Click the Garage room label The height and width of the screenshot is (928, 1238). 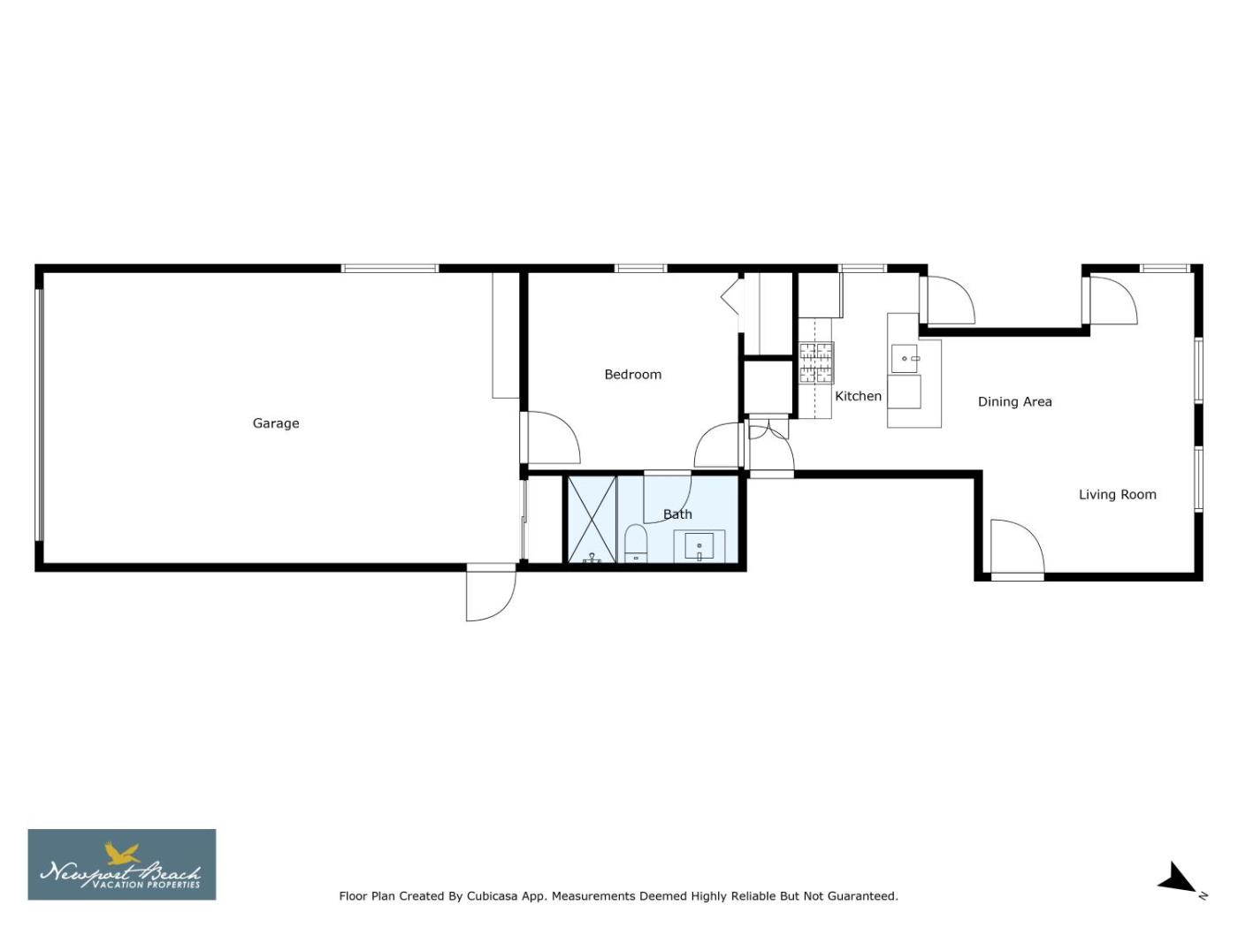tap(276, 423)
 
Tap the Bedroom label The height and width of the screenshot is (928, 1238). tap(633, 375)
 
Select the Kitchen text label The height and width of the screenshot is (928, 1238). tap(858, 396)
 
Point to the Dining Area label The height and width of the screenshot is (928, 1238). tap(1014, 402)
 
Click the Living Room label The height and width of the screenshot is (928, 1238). tap(1118, 495)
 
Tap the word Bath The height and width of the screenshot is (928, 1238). tap(677, 514)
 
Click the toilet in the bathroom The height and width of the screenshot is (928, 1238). tap(636, 544)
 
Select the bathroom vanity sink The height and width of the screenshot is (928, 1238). tap(699, 546)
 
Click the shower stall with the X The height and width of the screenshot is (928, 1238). tap(592, 520)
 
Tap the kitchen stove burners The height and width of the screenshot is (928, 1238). tap(816, 363)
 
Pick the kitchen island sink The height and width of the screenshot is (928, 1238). tap(905, 359)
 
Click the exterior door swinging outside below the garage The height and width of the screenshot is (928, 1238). tap(491, 593)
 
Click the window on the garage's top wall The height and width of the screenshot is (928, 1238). tap(390, 269)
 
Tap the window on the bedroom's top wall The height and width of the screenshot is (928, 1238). tap(640, 269)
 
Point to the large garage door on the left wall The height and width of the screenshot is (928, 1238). tap(39, 415)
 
